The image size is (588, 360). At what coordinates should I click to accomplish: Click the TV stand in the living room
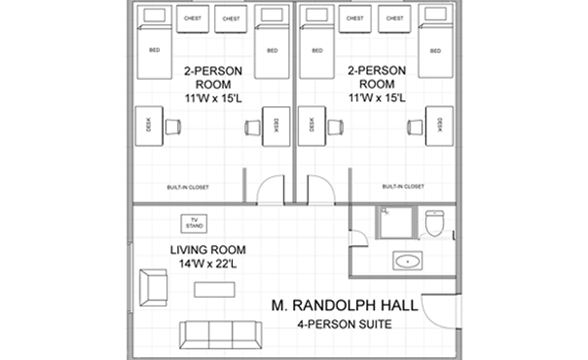click(193, 223)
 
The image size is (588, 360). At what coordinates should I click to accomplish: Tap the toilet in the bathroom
click(435, 225)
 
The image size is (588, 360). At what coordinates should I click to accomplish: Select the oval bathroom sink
click(406, 261)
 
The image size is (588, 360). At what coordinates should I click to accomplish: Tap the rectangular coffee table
click(216, 289)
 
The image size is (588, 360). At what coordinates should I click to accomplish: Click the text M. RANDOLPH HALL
click(346, 306)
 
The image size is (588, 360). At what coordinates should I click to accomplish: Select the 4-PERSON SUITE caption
click(346, 325)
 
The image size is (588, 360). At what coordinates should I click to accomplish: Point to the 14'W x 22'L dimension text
click(204, 265)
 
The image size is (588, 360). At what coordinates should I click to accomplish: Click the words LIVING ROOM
click(204, 250)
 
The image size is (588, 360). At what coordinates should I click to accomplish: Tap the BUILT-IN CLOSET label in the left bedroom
click(185, 187)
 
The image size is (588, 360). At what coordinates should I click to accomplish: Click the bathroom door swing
click(356, 234)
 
